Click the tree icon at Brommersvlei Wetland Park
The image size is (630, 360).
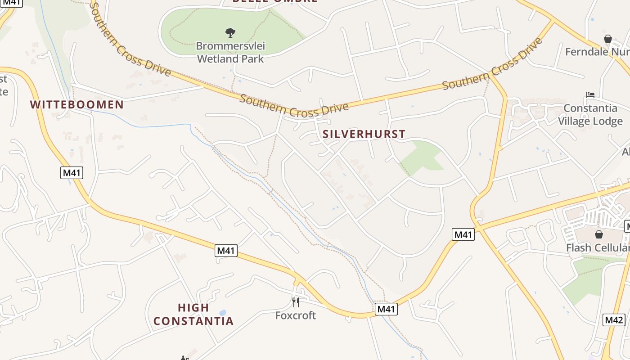click(230, 32)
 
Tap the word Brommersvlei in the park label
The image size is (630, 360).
click(230, 46)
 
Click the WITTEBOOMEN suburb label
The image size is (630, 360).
click(76, 105)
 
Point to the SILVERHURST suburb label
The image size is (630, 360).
click(364, 134)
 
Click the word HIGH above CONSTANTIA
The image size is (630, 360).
click(193, 308)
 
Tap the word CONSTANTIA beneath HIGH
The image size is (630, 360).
click(193, 321)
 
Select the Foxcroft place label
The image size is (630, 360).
click(296, 315)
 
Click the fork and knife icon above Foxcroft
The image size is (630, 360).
click(296, 302)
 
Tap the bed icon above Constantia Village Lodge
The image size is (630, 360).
click(590, 95)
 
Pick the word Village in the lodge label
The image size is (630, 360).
click(573, 121)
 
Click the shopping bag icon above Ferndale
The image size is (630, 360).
click(608, 39)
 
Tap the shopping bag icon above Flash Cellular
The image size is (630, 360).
click(599, 234)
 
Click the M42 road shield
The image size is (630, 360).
click(614, 320)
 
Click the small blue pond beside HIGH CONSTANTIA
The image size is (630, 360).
click(222, 313)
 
